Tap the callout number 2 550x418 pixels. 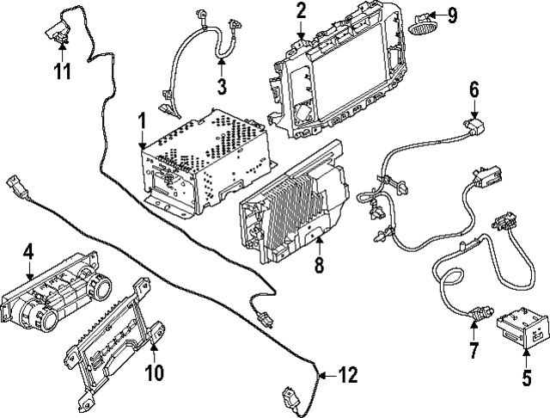click(x=301, y=11)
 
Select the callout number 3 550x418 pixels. click(x=221, y=86)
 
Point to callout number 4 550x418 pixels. click(x=28, y=252)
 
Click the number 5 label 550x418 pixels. click(x=527, y=376)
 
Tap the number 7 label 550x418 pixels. click(x=473, y=350)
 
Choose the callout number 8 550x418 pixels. click(x=320, y=267)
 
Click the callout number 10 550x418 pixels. click(x=154, y=372)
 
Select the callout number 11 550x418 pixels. click(x=61, y=70)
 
